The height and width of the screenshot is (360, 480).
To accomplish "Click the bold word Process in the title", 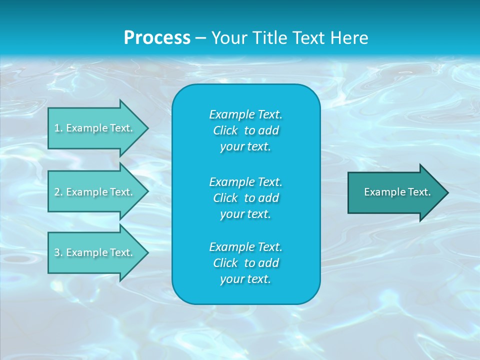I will coord(157,37).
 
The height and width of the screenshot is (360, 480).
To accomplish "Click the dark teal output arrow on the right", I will coord(395,192).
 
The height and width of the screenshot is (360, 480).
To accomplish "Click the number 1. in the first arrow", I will coord(58,128).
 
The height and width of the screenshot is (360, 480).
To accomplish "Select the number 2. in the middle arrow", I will coord(58,192).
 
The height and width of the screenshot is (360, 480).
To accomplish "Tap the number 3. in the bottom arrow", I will coord(58,252).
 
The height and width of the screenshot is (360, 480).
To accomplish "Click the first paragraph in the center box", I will coord(245,130).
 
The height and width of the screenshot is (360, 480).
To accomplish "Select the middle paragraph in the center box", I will coord(245,197).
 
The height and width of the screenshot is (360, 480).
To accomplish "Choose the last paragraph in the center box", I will coord(245,263).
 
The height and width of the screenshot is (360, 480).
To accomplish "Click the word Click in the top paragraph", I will coord(225,130).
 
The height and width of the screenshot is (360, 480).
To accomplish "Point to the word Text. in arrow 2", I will coord(121,192).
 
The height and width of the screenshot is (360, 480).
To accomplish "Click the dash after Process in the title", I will coord(200,38).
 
